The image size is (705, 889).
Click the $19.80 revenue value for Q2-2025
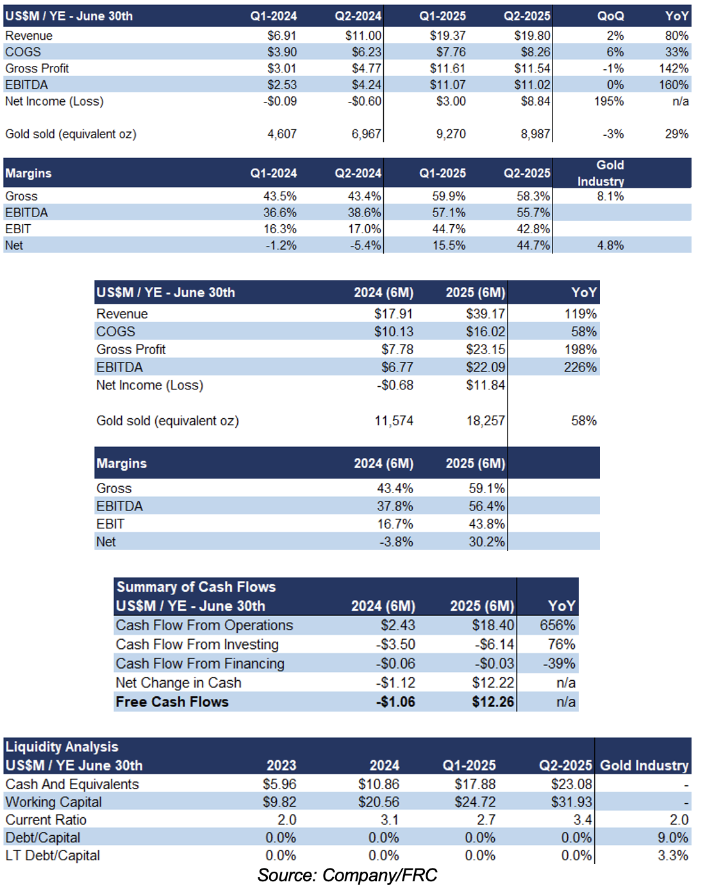(532, 36)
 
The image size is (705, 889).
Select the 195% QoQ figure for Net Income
(608, 101)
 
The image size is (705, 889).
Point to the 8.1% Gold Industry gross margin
(610, 196)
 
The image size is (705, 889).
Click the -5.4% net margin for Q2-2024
(365, 245)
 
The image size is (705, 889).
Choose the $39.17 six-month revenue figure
(485, 314)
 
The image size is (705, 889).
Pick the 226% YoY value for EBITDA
(580, 367)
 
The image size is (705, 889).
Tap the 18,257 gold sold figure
(485, 421)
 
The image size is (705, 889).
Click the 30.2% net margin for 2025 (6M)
(486, 542)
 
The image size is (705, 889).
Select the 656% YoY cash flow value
(558, 625)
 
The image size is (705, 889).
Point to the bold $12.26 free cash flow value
(493, 702)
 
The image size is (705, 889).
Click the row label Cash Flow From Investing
(197, 644)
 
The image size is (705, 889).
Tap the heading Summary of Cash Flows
(196, 587)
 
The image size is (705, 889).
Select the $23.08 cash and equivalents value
(571, 784)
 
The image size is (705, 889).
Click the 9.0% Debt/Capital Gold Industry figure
(673, 838)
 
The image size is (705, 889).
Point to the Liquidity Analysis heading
(62, 747)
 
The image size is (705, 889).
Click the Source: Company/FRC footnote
(347, 875)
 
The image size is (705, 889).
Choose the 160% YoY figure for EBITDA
(674, 85)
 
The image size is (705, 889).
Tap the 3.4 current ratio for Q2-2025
(583, 820)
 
